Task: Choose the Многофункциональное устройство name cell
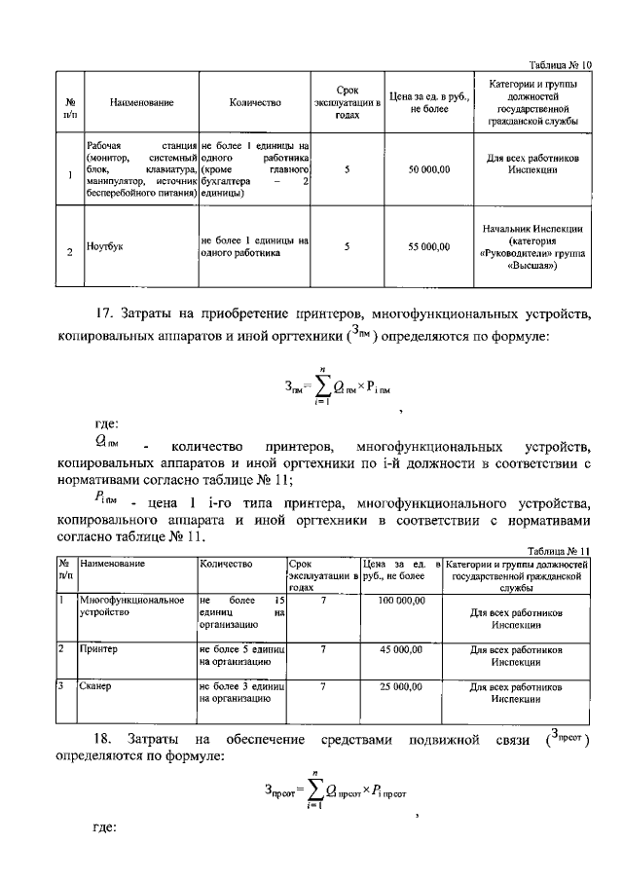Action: tap(132, 607)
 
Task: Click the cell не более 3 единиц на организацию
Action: tap(240, 692)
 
